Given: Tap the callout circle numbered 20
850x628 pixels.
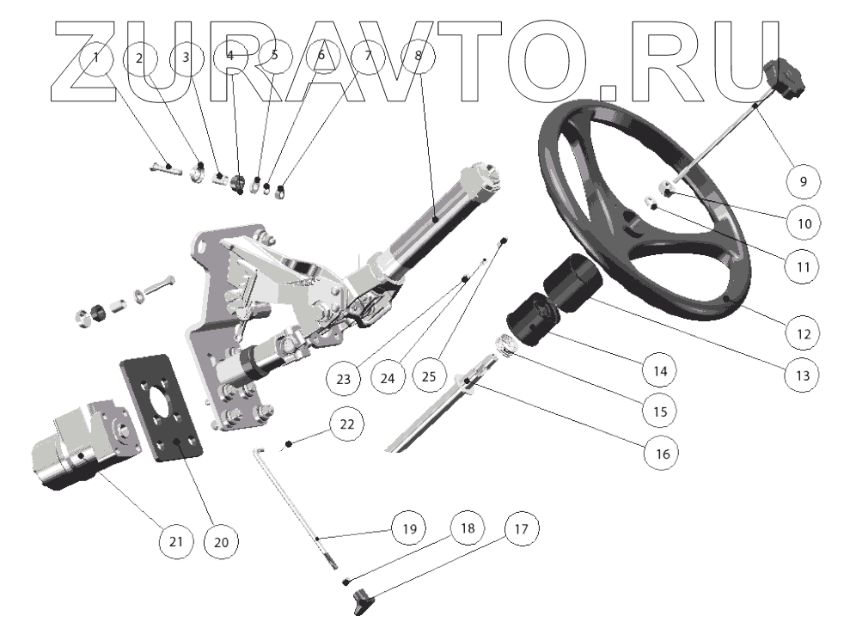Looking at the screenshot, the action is [221, 541].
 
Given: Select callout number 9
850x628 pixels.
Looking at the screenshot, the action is [804, 181].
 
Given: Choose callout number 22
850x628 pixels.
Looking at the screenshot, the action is [346, 424].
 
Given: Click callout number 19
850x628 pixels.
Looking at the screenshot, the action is [409, 529].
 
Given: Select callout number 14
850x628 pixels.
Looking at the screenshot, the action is [658, 371].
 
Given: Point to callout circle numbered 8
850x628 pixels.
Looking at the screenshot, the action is [419, 58].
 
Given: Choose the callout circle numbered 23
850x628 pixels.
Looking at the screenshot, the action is [344, 377].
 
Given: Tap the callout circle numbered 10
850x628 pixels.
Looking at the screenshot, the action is [804, 223].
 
